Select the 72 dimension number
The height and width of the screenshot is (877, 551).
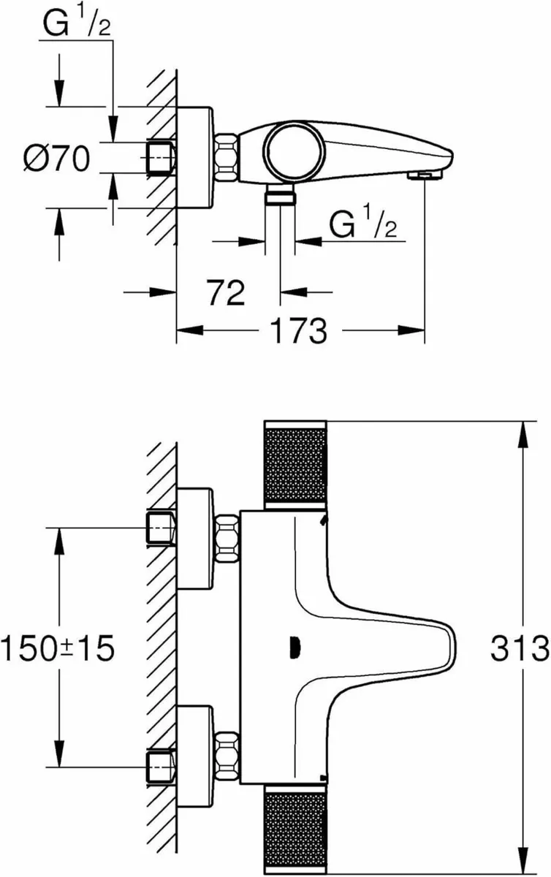click(224, 293)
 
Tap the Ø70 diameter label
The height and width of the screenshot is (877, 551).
click(57, 159)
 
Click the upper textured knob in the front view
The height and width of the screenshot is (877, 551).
click(294, 463)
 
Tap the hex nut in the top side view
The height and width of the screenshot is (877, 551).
click(227, 156)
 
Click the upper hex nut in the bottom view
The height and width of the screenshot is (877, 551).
click(227, 539)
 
